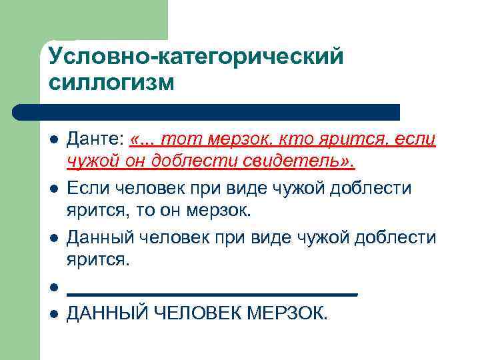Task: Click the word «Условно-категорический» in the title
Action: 196,57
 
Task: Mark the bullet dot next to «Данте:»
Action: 53,141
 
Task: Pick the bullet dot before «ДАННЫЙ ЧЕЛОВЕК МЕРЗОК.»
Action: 53,313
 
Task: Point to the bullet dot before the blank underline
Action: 53,288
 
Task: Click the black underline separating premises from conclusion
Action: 213,293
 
